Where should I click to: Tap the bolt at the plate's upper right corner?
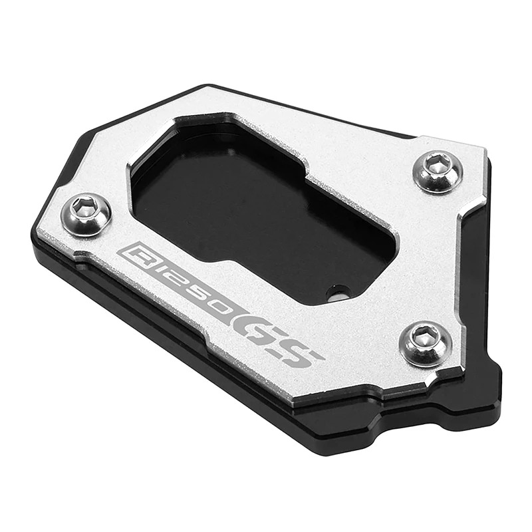point(437,171)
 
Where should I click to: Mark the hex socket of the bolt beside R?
point(84,209)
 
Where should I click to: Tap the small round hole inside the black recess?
point(340,291)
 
